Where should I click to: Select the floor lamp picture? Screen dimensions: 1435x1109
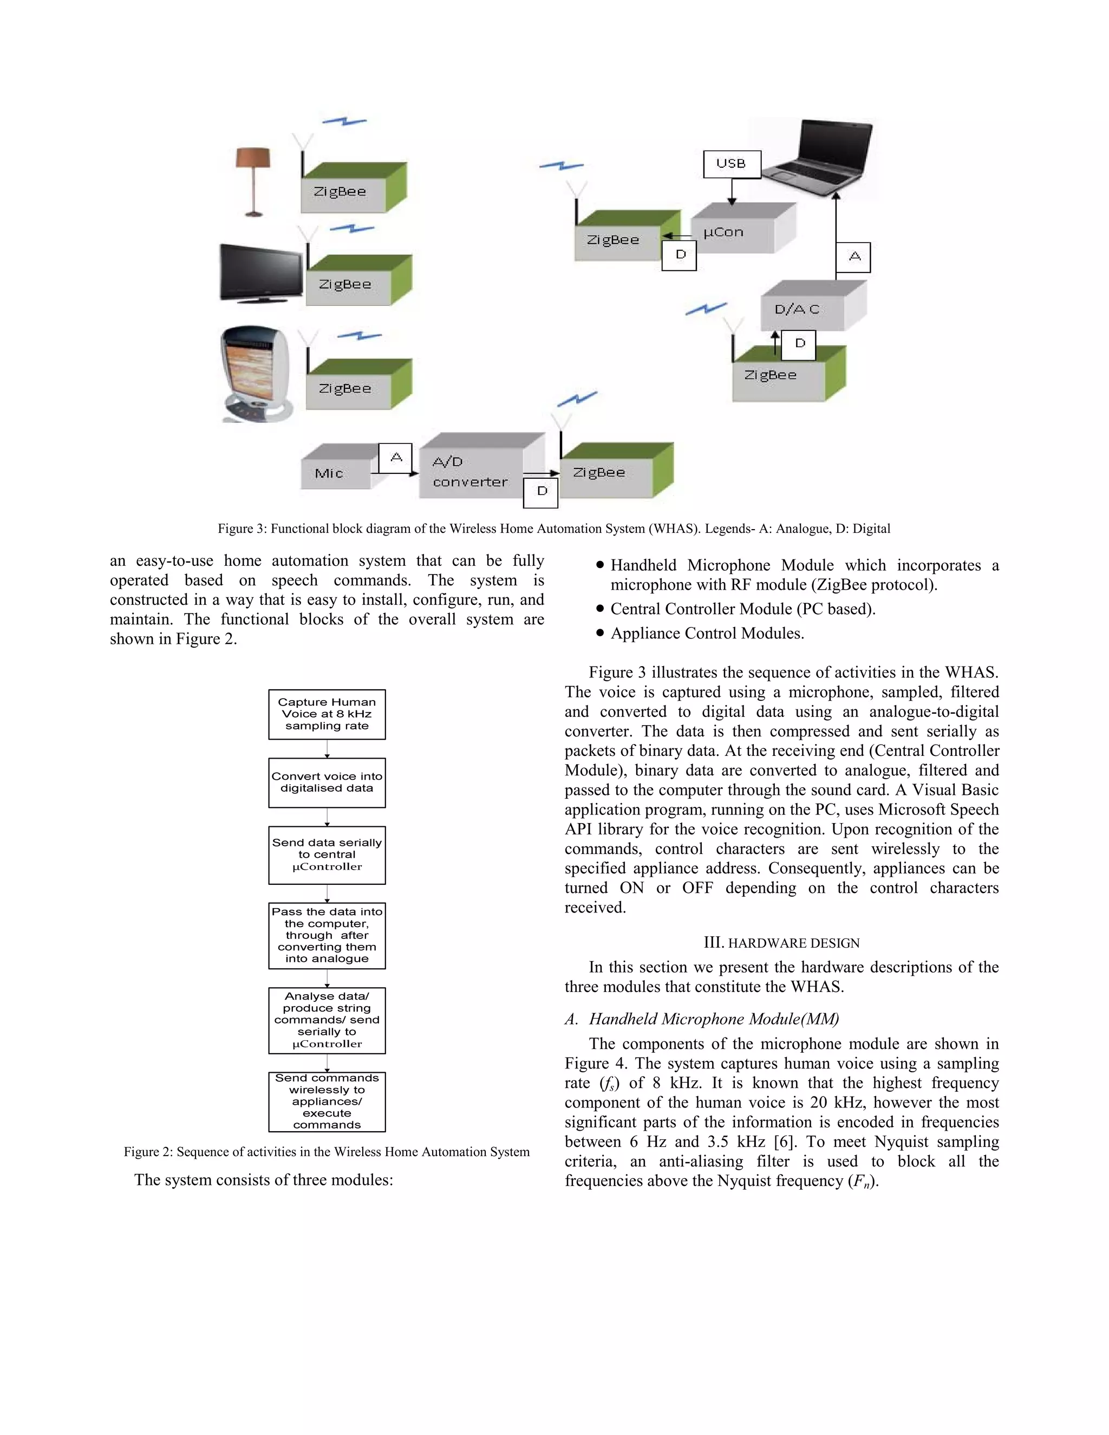[x=253, y=181]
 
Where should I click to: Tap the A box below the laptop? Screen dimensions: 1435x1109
[x=853, y=257]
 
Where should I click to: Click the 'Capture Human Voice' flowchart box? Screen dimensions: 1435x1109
[x=327, y=714]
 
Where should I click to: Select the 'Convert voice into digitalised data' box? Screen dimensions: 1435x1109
[x=327, y=782]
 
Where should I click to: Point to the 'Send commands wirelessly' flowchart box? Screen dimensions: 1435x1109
[x=327, y=1102]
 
